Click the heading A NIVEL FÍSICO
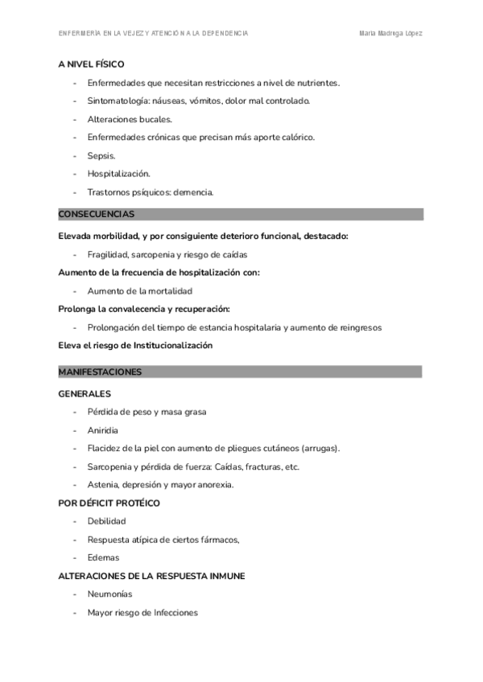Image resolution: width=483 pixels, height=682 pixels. click(91, 64)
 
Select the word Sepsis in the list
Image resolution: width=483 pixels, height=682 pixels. click(101, 155)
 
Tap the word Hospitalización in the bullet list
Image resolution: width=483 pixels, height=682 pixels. click(118, 174)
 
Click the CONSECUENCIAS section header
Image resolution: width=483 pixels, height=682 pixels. click(97, 215)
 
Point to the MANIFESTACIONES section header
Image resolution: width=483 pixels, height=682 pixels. click(101, 372)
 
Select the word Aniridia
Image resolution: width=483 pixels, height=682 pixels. click(103, 430)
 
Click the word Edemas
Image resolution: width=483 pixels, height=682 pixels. click(103, 557)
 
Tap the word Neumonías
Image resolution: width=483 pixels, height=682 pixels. click(109, 594)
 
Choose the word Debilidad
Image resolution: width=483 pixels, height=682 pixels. click(106, 521)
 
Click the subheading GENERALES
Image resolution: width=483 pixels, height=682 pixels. click(85, 394)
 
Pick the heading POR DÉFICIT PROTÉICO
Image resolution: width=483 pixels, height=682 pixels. click(109, 503)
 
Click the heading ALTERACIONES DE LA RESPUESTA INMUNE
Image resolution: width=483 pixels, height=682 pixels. click(152, 576)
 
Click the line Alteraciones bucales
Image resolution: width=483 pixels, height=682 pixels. click(130, 119)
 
